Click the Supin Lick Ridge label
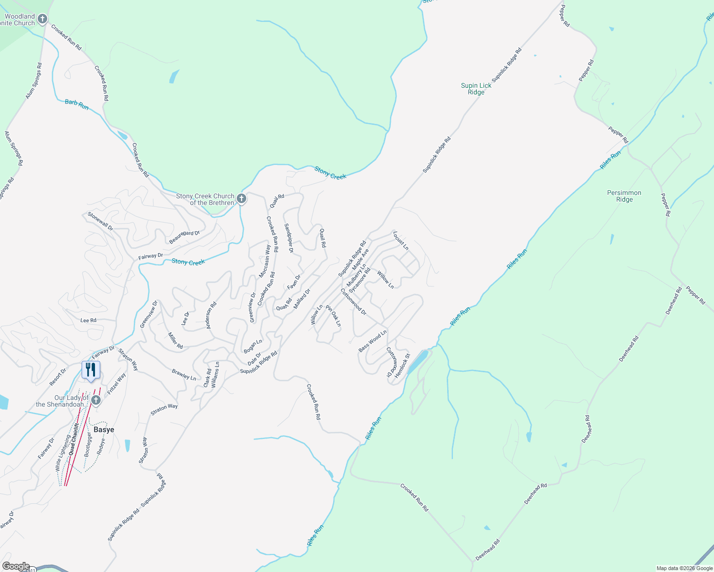tap(476, 89)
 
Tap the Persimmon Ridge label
tap(624, 196)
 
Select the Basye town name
tap(104, 429)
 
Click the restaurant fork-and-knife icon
tap(91, 370)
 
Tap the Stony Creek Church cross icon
tap(241, 199)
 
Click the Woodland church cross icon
tap(42, 19)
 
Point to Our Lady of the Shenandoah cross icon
tap(96, 400)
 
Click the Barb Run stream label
tap(77, 105)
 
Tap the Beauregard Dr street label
tap(184, 237)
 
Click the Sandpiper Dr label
tap(289, 238)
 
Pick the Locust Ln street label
tap(401, 241)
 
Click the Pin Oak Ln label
tap(334, 316)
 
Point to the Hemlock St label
tap(402, 366)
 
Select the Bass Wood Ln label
tap(372, 341)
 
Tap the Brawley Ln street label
tap(184, 375)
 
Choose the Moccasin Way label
tap(265, 261)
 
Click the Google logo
tap(16, 566)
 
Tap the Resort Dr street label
tap(58, 377)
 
